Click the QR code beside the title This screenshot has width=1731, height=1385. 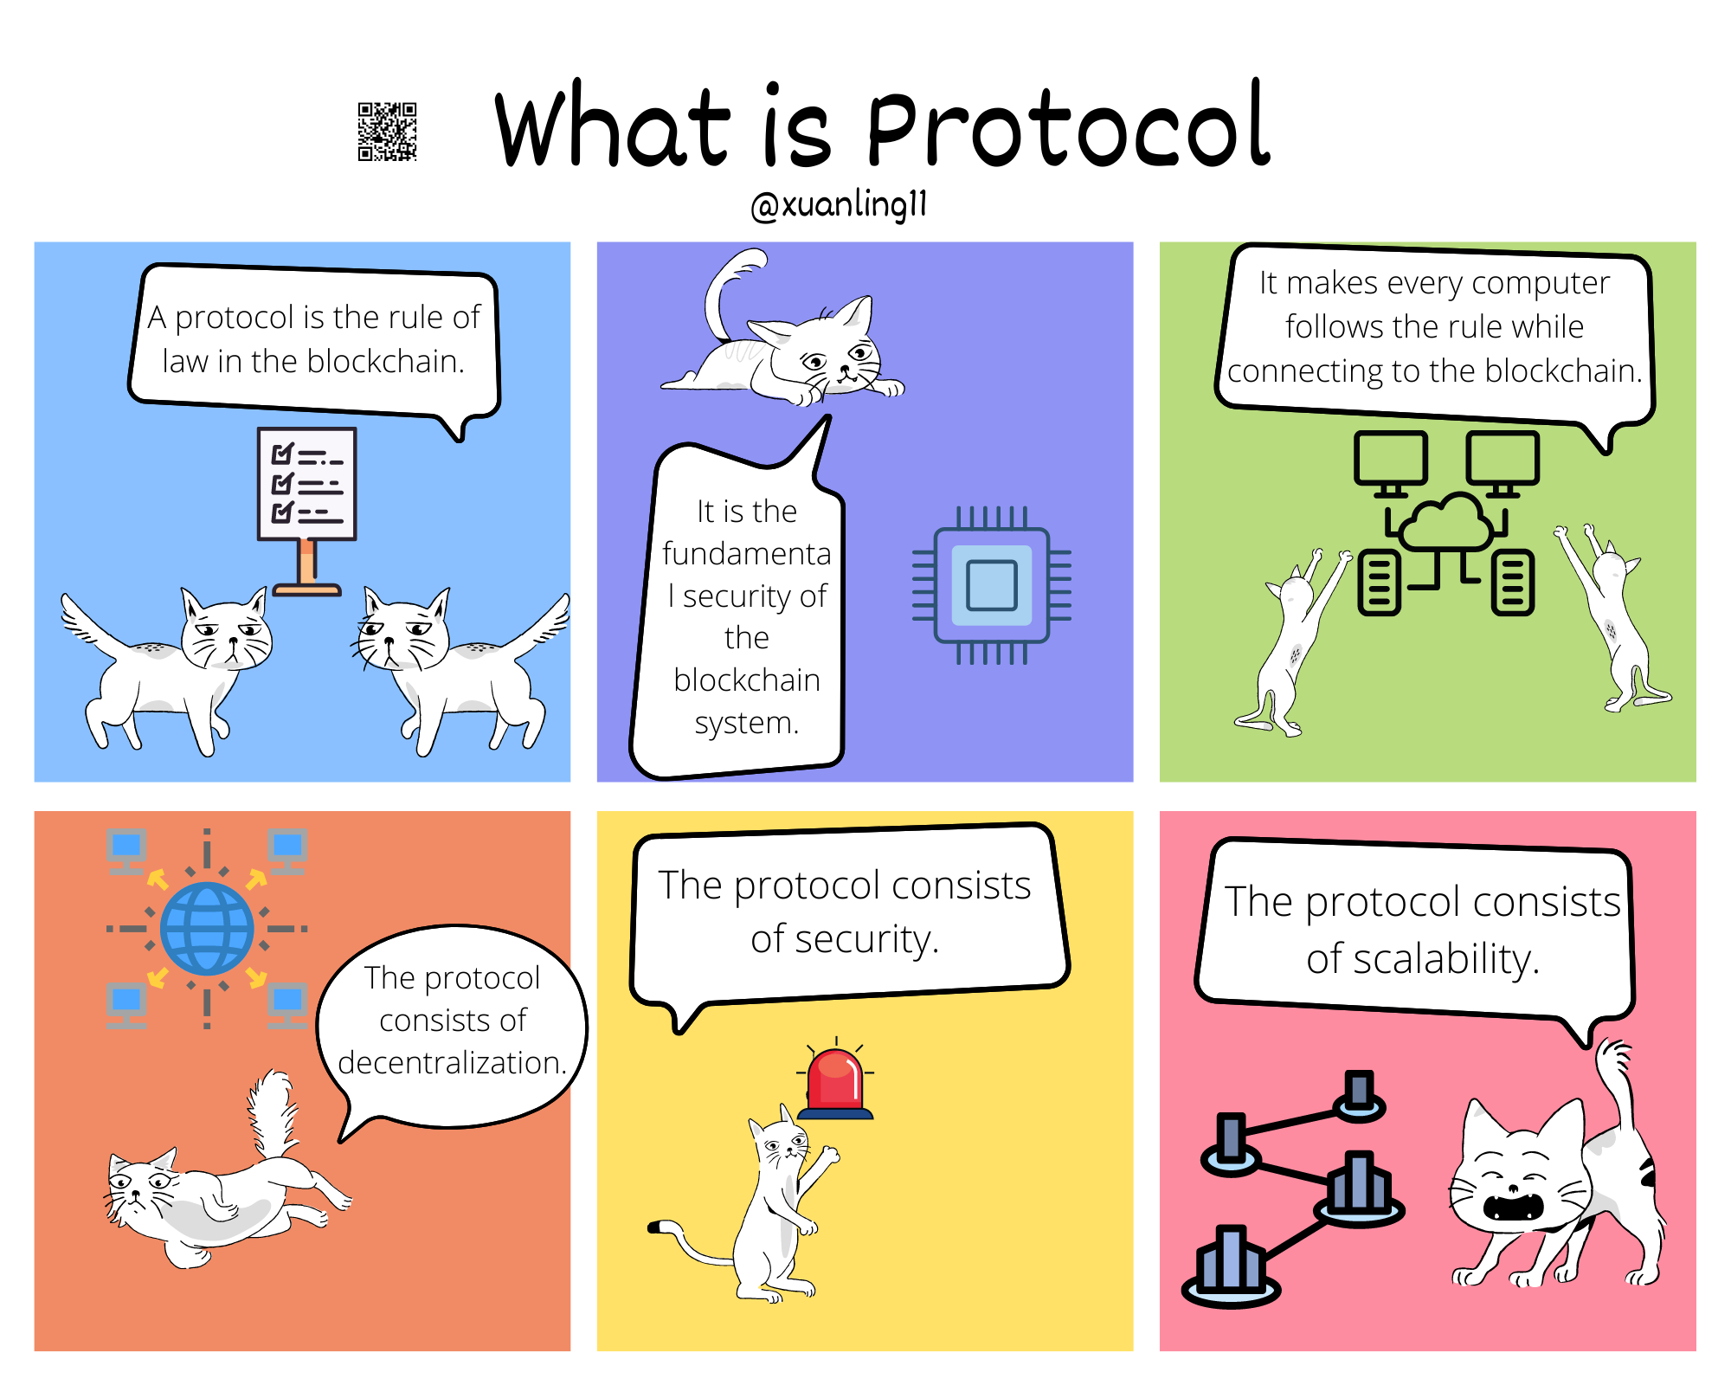coord(388,132)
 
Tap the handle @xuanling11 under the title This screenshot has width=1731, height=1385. coord(839,205)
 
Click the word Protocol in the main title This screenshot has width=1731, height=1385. coord(1068,126)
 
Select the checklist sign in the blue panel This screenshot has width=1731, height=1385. coord(307,511)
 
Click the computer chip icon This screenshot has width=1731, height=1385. coord(992,585)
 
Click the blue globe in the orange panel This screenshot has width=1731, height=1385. coord(207,929)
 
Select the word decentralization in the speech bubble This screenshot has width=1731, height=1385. coord(452,1062)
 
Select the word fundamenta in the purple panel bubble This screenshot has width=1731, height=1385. coord(746,553)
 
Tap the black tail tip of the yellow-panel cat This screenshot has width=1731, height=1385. coord(655,1227)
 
